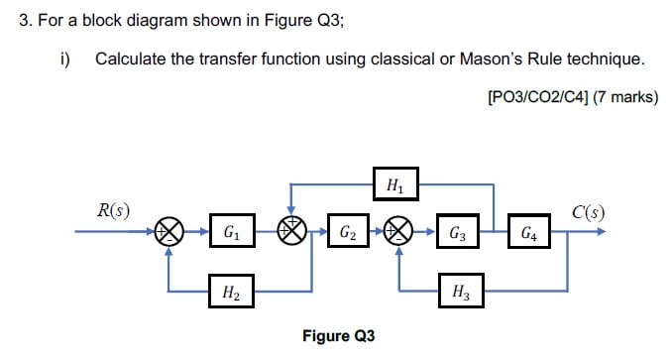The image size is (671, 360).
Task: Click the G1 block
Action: pyautogui.click(x=230, y=234)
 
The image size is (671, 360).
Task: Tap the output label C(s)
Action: pyautogui.click(x=589, y=211)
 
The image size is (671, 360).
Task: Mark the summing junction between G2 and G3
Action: pyautogui.click(x=399, y=234)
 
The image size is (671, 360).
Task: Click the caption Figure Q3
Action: pyautogui.click(x=339, y=336)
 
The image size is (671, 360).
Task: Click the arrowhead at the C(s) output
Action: pyautogui.click(x=602, y=234)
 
